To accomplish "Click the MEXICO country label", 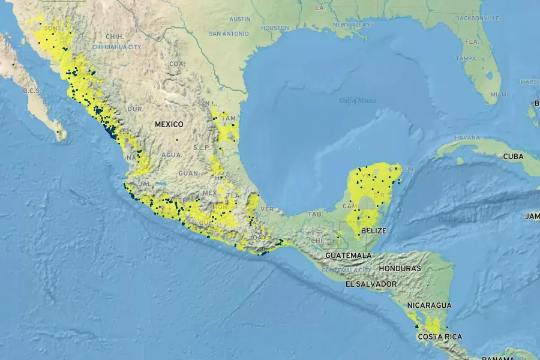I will coord(169,124).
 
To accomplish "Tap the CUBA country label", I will coord(513,156).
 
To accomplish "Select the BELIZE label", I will coord(374,230).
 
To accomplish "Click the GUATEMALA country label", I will coord(349,255).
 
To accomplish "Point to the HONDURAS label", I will coord(400,268).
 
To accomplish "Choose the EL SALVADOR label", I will coord(371,283).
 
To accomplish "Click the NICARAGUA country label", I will coord(429,305).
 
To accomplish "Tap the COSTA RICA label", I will coord(440,337).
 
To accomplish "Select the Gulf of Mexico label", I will coord(358,101).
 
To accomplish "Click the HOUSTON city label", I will coord(275,28).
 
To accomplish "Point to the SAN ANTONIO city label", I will coord(228,34).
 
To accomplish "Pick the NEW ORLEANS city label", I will coord(353,25).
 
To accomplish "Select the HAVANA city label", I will coord(467,137).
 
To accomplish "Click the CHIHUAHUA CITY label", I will coord(117,47).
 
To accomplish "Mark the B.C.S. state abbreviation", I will coord(31,91).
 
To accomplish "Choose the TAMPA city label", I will coord(466,59).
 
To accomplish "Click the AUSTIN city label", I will coord(240,19).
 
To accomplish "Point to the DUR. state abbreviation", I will coord(135,109).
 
